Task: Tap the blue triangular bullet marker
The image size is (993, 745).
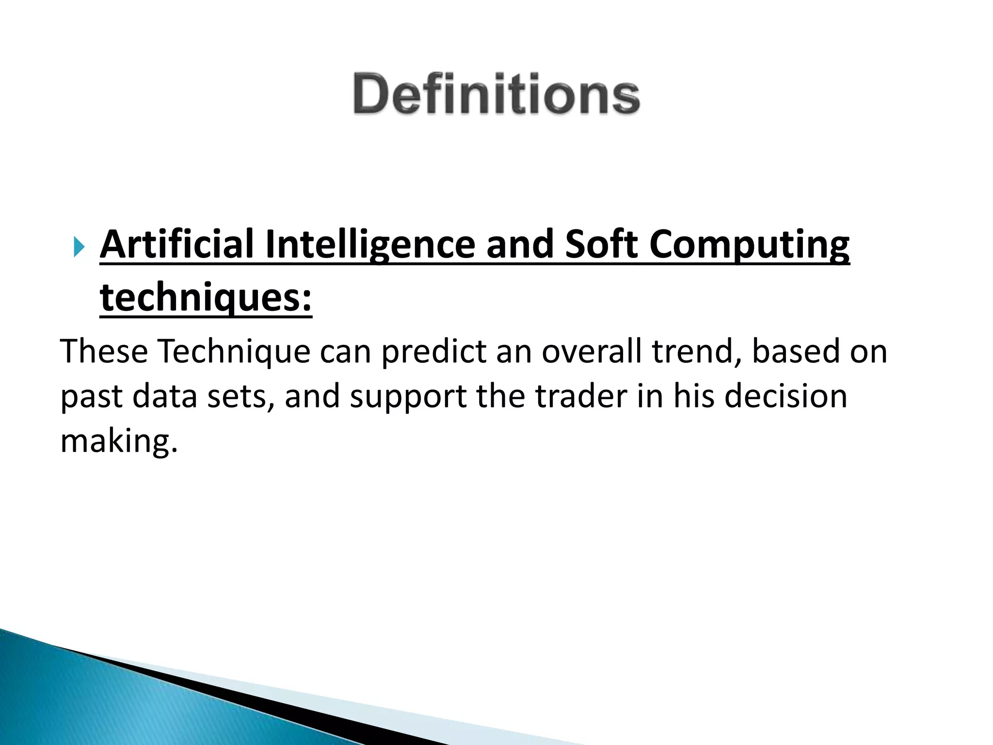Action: (80, 249)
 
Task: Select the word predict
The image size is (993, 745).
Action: (433, 352)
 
